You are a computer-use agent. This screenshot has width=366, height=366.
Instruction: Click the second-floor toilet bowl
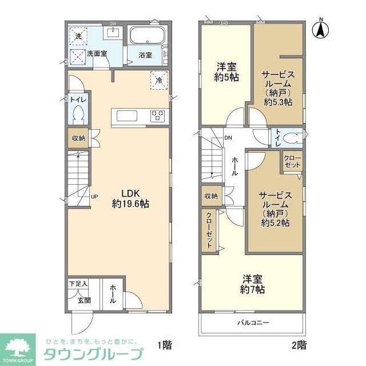click(292, 138)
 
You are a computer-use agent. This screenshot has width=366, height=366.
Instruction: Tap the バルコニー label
click(253, 323)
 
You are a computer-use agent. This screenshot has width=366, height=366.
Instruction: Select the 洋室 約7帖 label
click(253, 284)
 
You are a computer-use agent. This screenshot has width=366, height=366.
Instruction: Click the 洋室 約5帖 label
click(226, 71)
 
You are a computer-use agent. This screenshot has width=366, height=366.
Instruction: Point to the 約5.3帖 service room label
click(278, 88)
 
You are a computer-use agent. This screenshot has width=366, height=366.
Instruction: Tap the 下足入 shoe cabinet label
click(78, 284)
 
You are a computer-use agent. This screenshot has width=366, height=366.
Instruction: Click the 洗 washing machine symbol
click(78, 36)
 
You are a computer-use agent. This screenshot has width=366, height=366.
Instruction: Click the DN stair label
click(228, 138)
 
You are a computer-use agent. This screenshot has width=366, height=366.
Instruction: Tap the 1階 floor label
click(164, 345)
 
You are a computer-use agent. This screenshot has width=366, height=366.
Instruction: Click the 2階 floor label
click(298, 345)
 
